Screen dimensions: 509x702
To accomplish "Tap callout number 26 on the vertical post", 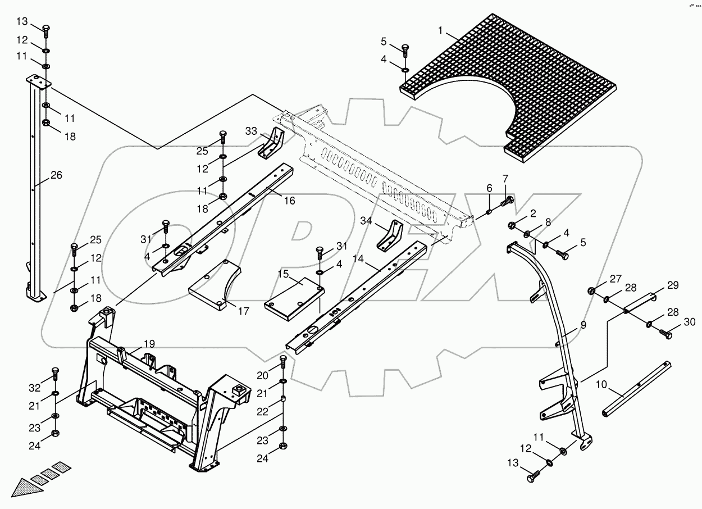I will tap(56, 175).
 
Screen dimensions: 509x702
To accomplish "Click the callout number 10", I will tap(601, 385).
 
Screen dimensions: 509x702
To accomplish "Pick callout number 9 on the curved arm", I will tap(584, 325).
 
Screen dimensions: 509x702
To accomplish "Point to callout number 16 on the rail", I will tap(289, 201).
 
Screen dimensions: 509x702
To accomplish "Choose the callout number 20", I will tap(263, 375).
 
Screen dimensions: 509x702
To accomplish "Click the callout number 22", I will tap(263, 412).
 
